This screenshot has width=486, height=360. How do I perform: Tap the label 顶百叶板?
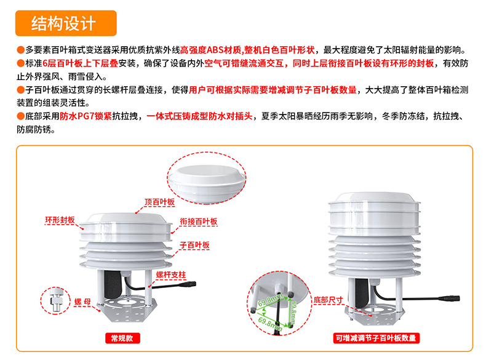160,202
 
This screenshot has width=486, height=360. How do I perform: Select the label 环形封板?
60,220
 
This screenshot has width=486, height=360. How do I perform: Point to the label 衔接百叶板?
198,221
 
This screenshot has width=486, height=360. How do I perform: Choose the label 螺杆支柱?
170,275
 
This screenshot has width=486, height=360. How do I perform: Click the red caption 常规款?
122,338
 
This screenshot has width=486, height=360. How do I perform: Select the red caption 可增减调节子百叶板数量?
376,338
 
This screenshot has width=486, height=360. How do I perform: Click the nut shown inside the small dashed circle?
56,301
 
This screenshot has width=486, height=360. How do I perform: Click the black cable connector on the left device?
192,286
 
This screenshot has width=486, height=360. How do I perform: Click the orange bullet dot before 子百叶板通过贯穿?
21,90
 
